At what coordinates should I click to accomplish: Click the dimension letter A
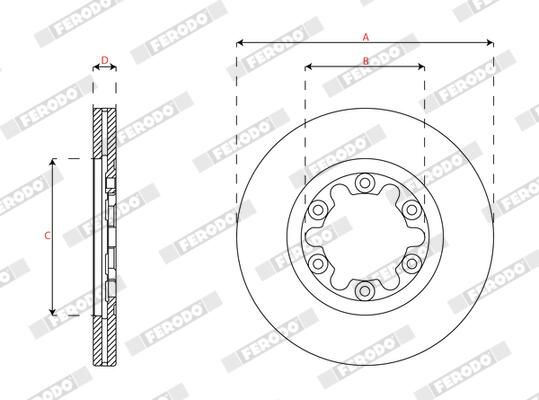366,36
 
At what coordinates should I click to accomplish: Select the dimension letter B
366,61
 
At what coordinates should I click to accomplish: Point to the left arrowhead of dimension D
97,69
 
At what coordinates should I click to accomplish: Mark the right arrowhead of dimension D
114,69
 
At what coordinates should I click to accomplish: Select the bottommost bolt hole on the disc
365,291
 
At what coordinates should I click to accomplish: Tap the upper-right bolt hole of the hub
411,210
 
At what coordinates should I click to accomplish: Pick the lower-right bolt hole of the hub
411,264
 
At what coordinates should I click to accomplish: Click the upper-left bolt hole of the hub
318,210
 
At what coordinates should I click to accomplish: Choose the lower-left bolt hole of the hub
318,264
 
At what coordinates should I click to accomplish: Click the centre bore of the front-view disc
365,237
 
